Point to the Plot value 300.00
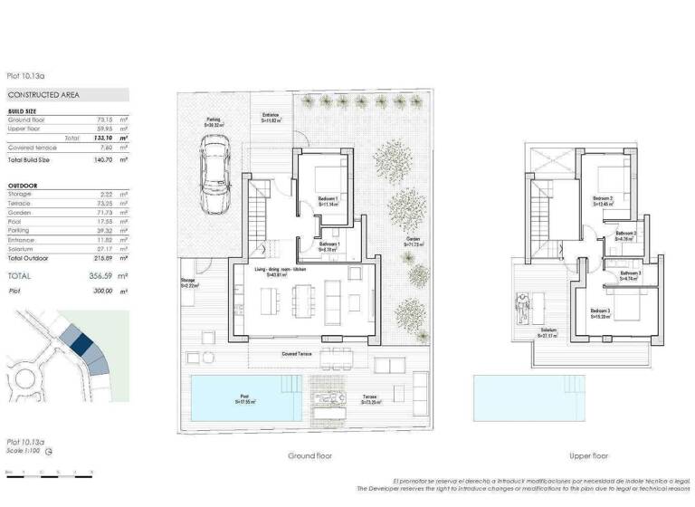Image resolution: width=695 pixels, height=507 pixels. pyautogui.click(x=102, y=292)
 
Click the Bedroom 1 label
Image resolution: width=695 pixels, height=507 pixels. pyautogui.click(x=328, y=200)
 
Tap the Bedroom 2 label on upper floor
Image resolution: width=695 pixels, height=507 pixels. pyautogui.click(x=603, y=200)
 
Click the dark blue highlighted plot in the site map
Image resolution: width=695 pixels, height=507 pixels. pyautogui.click(x=82, y=343)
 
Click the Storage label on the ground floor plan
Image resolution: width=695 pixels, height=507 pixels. pyautogui.click(x=189, y=282)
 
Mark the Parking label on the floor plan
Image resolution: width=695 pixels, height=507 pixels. pyautogui.click(x=214, y=119)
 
